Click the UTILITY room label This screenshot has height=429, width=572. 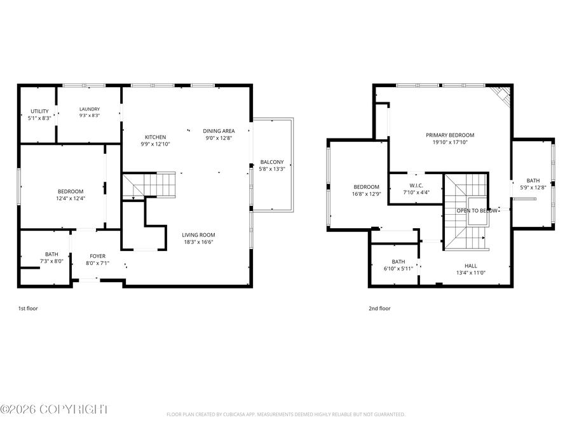point(39,111)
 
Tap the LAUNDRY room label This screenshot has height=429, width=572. point(90,109)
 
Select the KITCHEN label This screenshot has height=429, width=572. point(156,137)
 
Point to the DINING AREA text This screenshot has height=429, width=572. point(219,131)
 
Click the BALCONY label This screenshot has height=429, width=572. point(272,162)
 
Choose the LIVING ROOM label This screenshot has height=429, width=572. point(198,235)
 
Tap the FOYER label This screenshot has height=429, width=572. point(97,256)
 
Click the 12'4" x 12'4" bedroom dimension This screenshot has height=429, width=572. point(71,198)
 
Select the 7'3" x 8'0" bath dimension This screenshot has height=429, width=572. point(51,261)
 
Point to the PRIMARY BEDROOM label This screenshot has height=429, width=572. point(450,135)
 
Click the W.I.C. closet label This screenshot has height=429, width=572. point(416,186)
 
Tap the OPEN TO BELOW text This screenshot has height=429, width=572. point(477,210)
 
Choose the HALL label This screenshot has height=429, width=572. point(470,266)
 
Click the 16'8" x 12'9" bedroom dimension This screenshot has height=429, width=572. point(366,194)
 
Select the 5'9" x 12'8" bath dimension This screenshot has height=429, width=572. point(533,188)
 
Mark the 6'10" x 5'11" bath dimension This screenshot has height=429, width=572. point(398,269)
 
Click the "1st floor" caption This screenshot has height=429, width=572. point(28,309)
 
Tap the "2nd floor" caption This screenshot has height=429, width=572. point(379,309)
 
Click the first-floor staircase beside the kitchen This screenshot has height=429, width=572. point(149,186)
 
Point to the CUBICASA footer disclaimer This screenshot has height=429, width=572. point(285,414)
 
